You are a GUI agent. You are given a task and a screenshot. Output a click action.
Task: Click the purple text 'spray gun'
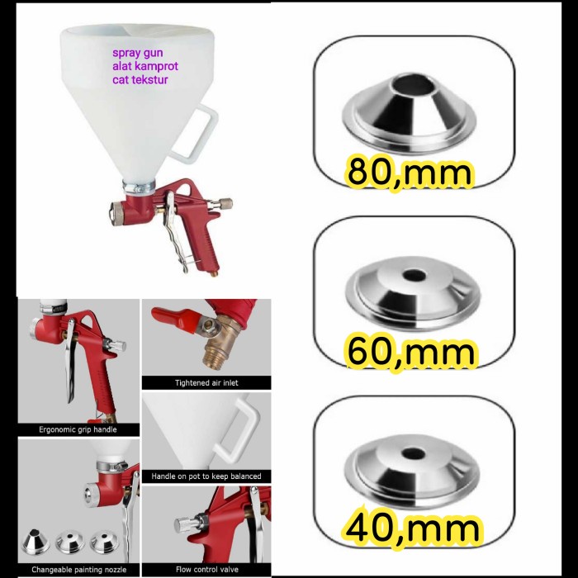(x=139, y=52)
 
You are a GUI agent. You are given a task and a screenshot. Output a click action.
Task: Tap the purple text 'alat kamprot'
(x=145, y=66)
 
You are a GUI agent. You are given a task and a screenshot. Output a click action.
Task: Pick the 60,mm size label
(x=410, y=352)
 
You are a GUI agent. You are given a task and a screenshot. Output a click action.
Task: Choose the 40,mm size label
(x=410, y=526)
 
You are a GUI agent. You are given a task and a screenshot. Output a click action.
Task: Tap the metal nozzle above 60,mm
(x=410, y=289)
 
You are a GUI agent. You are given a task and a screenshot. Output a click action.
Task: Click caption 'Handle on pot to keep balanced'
(x=206, y=476)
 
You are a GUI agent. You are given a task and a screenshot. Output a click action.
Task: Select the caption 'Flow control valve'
(x=206, y=569)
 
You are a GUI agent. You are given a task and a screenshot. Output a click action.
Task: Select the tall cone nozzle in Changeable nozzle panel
(x=38, y=541)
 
